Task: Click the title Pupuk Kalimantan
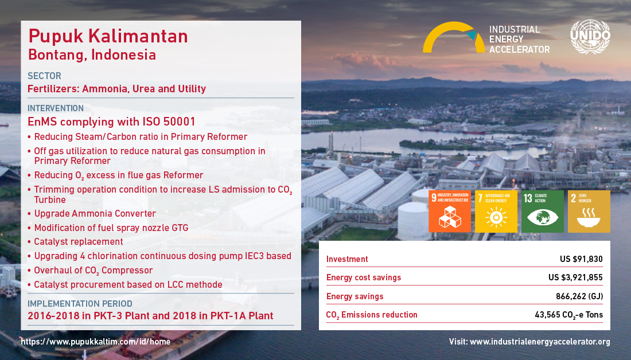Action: click(108, 36)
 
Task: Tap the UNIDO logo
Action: click(590, 37)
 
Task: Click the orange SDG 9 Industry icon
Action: click(450, 211)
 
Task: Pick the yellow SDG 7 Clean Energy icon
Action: click(496, 211)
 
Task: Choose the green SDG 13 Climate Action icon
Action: click(543, 211)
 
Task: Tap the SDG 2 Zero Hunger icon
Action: click(589, 211)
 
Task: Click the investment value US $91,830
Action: click(581, 259)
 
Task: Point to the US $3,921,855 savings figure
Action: click(575, 277)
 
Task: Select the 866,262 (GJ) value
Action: click(579, 296)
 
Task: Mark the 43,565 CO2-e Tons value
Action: click(568, 315)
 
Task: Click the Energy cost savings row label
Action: click(364, 277)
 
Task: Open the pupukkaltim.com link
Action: click(96, 342)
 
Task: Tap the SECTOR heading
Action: click(44, 76)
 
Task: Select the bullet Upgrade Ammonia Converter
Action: click(95, 214)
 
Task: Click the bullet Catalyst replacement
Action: click(79, 242)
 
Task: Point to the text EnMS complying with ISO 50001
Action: click(111, 122)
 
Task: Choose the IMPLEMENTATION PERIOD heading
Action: click(80, 304)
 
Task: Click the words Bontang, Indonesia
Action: click(92, 55)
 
